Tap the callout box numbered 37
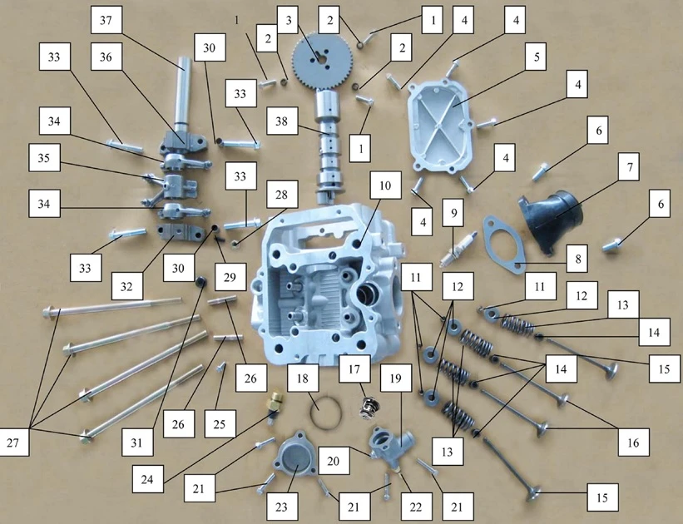click(x=106, y=20)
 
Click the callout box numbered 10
click(x=385, y=185)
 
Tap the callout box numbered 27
click(x=13, y=442)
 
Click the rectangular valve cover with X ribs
click(x=440, y=126)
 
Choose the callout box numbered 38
click(x=281, y=121)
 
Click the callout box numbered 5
click(x=537, y=57)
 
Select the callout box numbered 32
click(x=126, y=286)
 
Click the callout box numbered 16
click(x=633, y=442)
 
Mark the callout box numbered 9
click(x=454, y=213)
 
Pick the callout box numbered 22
click(x=416, y=507)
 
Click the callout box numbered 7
click(x=630, y=167)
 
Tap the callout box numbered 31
click(x=136, y=442)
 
